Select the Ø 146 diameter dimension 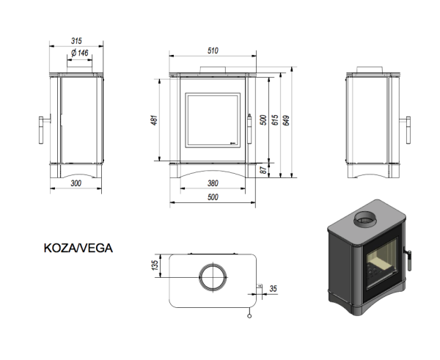pyautogui.click(x=79, y=54)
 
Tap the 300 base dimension pyautogui.click(x=76, y=183)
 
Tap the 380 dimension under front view pyautogui.click(x=213, y=183)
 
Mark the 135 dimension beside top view pyautogui.click(x=154, y=265)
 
